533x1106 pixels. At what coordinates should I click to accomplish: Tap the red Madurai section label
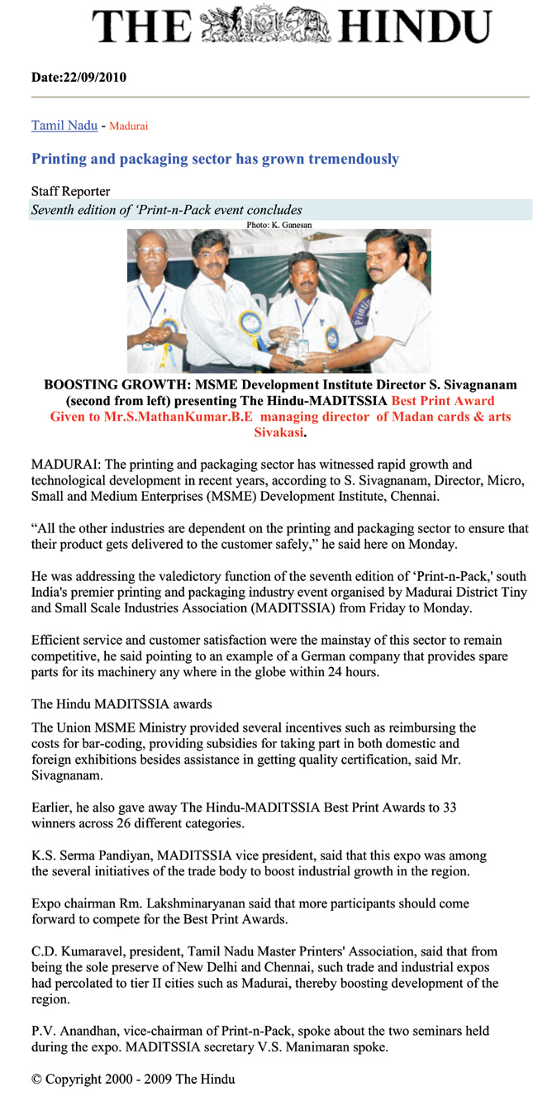pos(128,126)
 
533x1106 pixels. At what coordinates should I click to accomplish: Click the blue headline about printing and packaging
pos(215,159)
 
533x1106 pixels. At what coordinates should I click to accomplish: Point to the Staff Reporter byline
pos(70,192)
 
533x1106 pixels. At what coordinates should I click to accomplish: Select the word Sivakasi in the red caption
pos(278,431)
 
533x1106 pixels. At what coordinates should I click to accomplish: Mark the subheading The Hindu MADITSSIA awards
pos(121,704)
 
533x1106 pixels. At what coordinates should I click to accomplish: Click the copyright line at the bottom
pos(133,1080)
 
